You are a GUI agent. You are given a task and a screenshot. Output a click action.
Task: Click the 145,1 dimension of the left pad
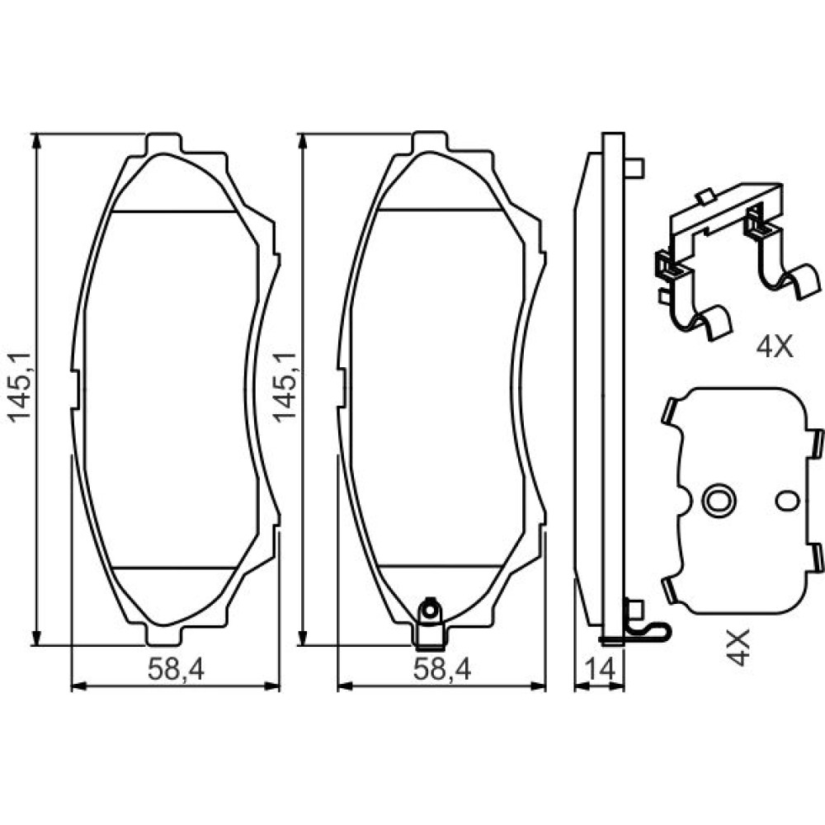tap(19, 387)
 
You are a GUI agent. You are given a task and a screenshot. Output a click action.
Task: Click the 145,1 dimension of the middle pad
tap(284, 387)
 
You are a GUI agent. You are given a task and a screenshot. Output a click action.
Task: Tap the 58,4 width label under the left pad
tap(175, 669)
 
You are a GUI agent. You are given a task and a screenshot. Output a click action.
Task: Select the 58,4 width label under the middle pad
tap(442, 669)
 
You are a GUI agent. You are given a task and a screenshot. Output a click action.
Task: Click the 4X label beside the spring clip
tap(774, 348)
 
